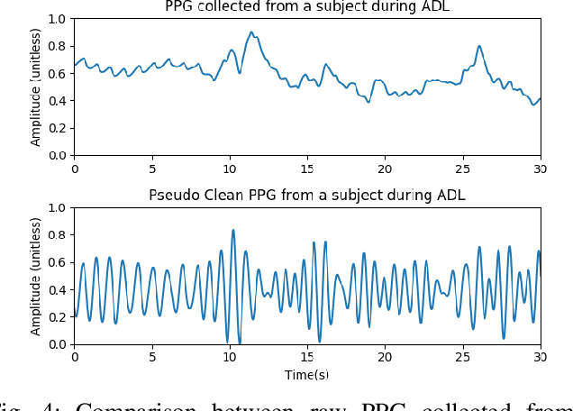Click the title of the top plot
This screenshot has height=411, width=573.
pos(307,7)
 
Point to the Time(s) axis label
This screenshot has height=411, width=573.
pos(307,374)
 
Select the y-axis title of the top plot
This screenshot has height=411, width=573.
pos(36,87)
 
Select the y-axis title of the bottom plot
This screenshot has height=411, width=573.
pos(36,276)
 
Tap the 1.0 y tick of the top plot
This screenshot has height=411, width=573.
pos(56,19)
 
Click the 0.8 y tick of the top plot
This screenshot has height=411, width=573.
pos(56,46)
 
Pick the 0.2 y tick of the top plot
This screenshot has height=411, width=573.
pos(56,128)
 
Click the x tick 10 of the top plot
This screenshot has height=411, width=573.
pos(230,168)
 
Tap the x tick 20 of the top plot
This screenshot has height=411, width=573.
pos(385,168)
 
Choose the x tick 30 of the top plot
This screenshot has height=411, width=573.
pos(541,168)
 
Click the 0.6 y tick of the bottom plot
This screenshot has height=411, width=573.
pos(56,262)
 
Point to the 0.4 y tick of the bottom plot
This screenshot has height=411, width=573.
pos(56,289)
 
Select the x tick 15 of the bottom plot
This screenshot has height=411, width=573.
pos(307,357)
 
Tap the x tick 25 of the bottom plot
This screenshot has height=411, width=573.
pos(463,357)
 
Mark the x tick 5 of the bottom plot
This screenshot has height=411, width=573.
pos(152,357)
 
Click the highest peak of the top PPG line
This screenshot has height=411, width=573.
pos(252,32)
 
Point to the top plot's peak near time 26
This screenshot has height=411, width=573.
pos(479,46)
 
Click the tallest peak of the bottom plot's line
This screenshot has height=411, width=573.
pos(233,230)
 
